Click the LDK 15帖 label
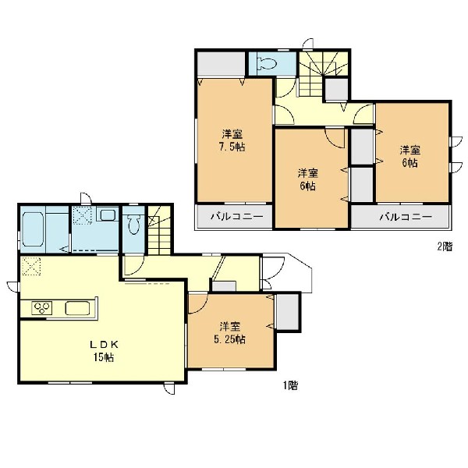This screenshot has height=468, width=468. coord(105,351)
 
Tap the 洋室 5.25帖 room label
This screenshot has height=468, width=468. coord(230,333)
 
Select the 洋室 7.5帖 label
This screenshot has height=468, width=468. coord(232,140)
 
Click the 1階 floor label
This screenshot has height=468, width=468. coord(290,385)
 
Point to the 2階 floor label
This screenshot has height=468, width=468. coord(445,246)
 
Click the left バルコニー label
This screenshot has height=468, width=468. coord(237,216)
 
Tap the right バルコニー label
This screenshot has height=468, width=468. coord(406,216)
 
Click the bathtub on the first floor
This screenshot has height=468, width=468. coord(33,229)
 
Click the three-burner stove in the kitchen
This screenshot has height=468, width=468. coord(42,308)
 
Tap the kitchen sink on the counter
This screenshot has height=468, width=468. coord(77,308)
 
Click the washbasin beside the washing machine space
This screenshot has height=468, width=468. coord(108,215)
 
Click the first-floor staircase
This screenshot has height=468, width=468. coord(159,230)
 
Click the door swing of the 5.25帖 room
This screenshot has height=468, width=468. coord(198,304)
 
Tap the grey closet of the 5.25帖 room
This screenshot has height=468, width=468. coord(288,312)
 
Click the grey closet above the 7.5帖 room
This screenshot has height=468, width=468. coord(222,65)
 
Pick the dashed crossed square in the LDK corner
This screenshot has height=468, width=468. coord(31,266)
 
